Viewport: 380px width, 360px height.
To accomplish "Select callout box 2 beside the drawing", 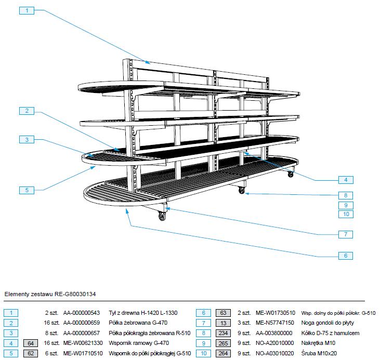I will point(26,111).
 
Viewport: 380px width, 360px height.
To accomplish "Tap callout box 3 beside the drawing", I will point(26,139).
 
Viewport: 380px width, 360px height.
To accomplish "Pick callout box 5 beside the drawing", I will point(26,190).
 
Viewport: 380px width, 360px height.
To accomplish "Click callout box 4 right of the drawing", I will point(345,180).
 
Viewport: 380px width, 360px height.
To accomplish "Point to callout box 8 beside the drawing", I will point(345,196).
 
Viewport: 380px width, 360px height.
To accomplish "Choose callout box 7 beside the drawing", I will point(345,234).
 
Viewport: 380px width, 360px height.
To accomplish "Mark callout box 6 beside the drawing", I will point(345,256).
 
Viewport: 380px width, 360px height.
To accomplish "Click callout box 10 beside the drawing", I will point(345,214).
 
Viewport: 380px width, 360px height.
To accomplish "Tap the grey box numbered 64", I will point(31,343).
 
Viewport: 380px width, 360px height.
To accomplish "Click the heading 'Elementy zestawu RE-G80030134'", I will point(50,294).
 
